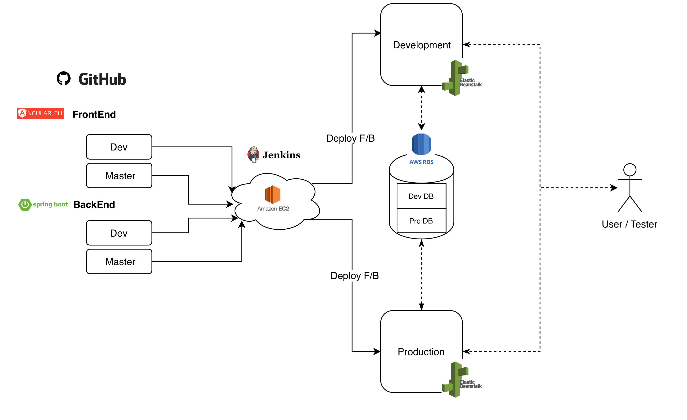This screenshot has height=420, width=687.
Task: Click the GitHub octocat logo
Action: pos(64,79)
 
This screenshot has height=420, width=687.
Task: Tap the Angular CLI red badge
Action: pos(40,113)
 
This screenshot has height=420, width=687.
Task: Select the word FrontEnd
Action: pos(94,114)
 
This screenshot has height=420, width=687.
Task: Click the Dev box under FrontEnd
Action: pos(119,147)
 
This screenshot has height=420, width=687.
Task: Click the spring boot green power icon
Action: pos(25,205)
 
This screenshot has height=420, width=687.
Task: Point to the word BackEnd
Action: pos(94,205)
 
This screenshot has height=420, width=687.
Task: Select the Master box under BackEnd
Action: pos(119,262)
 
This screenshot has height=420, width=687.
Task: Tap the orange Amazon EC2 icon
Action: pos(272,195)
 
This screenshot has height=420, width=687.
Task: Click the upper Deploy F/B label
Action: pos(350,138)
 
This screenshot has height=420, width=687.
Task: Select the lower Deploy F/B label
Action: pos(354,276)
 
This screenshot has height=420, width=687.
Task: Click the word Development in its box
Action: pos(421,45)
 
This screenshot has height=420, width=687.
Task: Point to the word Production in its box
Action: pos(421,352)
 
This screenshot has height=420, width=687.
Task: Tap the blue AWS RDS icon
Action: pos(421,144)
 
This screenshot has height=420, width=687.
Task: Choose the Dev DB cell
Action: pos(421,196)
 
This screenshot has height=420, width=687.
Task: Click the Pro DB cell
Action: pos(421,221)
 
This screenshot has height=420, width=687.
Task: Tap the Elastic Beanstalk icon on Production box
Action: pos(456,380)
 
